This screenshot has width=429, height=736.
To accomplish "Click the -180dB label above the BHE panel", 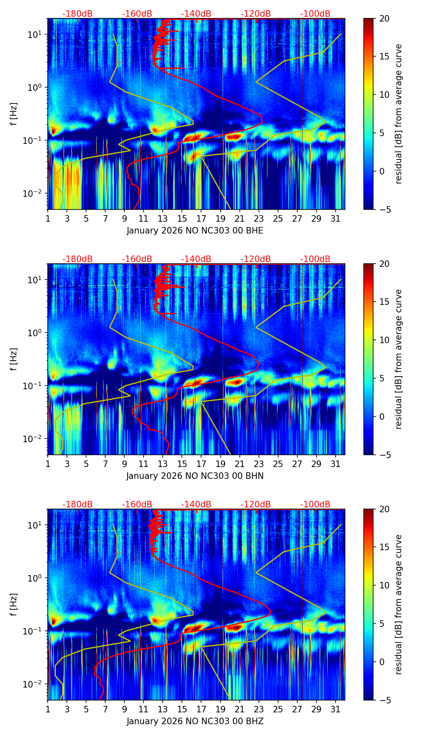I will [x=77, y=14].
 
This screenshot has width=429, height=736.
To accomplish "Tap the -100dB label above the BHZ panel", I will [x=315, y=505].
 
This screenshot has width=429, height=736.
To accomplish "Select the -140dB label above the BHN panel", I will [x=196, y=259].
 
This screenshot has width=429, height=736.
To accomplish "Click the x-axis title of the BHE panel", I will [x=195, y=231].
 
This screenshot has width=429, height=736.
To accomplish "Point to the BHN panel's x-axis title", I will [x=195, y=476].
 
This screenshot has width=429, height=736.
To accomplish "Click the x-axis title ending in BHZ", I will [x=195, y=721].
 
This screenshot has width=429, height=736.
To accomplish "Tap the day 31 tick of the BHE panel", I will [x=336, y=218].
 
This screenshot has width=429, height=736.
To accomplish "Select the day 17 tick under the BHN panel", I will [x=201, y=464].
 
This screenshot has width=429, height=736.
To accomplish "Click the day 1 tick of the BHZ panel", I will [x=48, y=709].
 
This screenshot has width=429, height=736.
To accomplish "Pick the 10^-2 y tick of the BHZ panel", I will [x=34, y=684].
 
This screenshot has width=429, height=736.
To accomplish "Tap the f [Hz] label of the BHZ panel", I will [x=13, y=604].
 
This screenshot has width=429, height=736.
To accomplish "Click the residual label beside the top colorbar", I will [x=399, y=114].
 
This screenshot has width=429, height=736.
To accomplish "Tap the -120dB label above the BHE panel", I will [x=256, y=14].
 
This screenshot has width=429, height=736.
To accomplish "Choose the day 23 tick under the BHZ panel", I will [x=259, y=709].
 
